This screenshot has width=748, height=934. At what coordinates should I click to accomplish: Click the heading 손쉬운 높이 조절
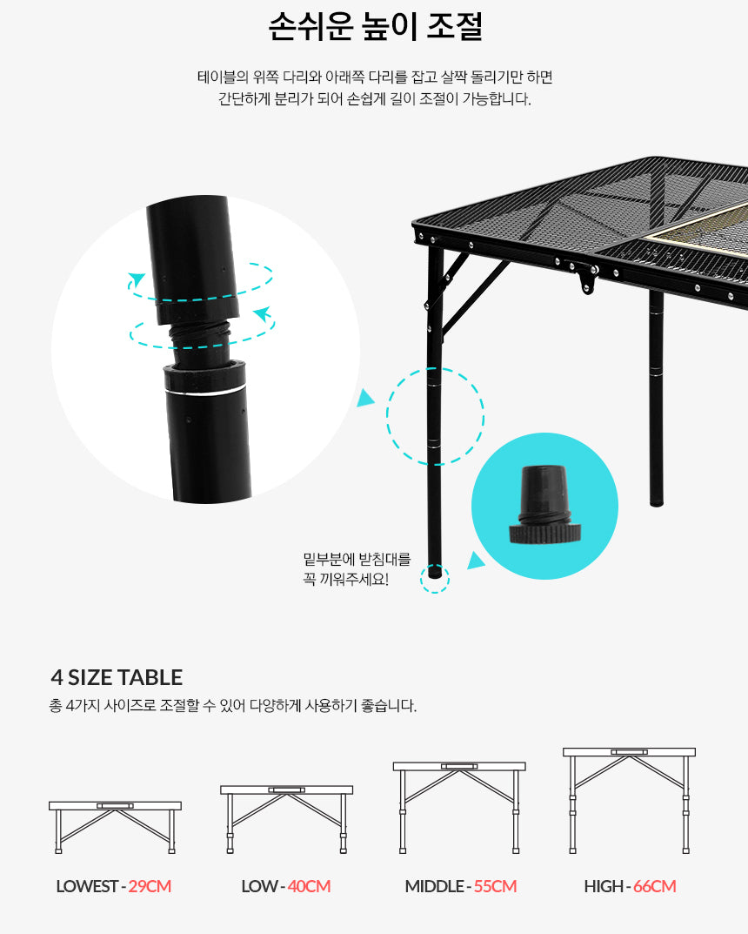[375, 27]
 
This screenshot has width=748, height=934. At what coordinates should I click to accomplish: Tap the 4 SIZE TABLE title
[117, 677]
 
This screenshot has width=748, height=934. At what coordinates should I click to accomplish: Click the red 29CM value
[150, 886]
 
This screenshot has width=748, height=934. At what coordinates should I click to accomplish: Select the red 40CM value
[309, 886]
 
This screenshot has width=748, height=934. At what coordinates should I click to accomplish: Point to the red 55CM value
[495, 886]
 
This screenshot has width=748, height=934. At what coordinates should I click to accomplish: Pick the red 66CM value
[655, 886]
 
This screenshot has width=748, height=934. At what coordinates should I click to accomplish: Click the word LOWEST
[87, 886]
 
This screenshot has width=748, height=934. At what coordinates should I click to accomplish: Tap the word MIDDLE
[434, 886]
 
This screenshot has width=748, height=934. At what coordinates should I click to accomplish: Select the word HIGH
[604, 886]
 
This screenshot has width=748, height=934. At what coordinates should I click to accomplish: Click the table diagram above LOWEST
[115, 828]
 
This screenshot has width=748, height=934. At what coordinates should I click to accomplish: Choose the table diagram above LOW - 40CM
[286, 819]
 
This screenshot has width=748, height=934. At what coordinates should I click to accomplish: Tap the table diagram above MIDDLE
[458, 807]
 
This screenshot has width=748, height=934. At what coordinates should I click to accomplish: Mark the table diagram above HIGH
[629, 801]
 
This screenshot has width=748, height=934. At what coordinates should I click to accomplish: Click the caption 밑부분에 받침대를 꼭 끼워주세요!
[357, 569]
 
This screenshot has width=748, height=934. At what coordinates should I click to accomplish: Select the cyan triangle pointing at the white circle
[364, 397]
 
